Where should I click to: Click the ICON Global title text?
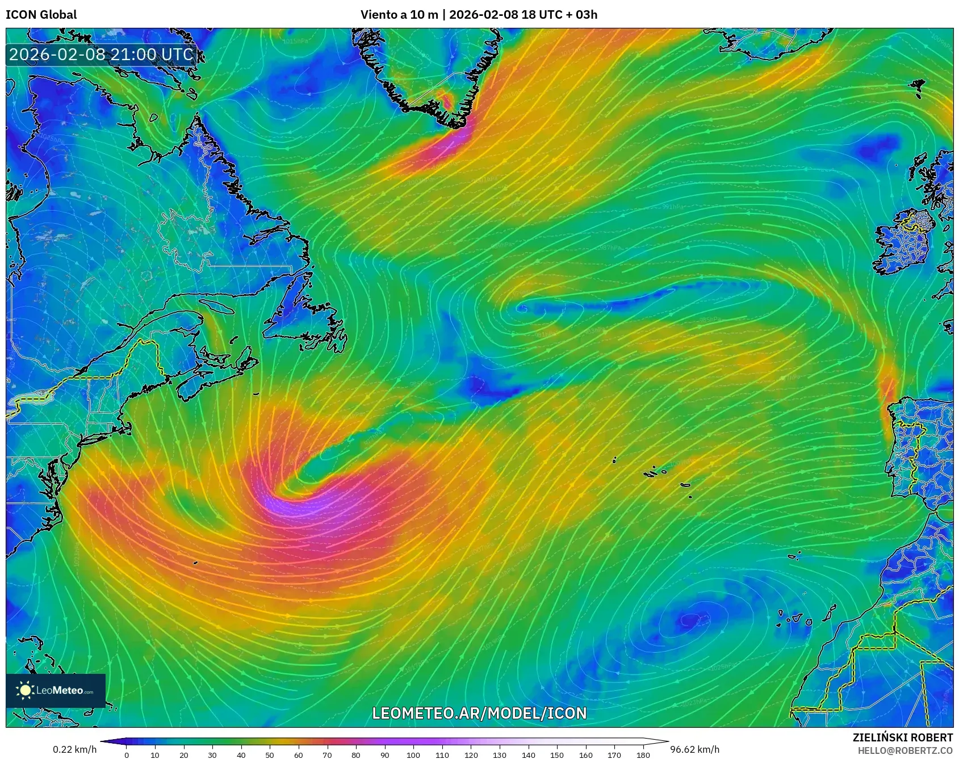point(41,15)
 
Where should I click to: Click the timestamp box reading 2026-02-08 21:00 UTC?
point(102,54)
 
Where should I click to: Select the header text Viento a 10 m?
point(399,15)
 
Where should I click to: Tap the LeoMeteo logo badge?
point(56,690)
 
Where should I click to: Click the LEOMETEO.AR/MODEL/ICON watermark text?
point(479,713)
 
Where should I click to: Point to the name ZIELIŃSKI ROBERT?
point(902,737)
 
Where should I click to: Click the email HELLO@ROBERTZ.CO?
point(905,750)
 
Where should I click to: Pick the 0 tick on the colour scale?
point(127,754)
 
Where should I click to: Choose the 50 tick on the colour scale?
point(270,754)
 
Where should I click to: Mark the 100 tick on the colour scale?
point(413,754)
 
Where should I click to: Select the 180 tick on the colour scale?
point(643,754)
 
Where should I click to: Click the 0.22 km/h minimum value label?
point(74,749)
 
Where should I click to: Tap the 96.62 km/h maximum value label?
point(695,749)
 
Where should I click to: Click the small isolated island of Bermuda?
point(195,563)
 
